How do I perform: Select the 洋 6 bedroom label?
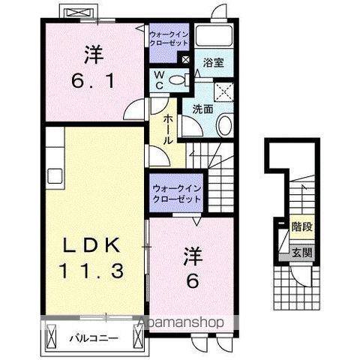click(x=193, y=268)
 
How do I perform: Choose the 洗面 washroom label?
click(x=202, y=108)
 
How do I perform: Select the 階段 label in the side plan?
click(x=301, y=226)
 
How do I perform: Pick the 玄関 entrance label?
click(x=302, y=252)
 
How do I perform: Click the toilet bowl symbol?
click(x=177, y=80)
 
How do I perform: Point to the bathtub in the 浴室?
click(x=219, y=37)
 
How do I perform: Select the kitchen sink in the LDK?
click(x=55, y=176)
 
